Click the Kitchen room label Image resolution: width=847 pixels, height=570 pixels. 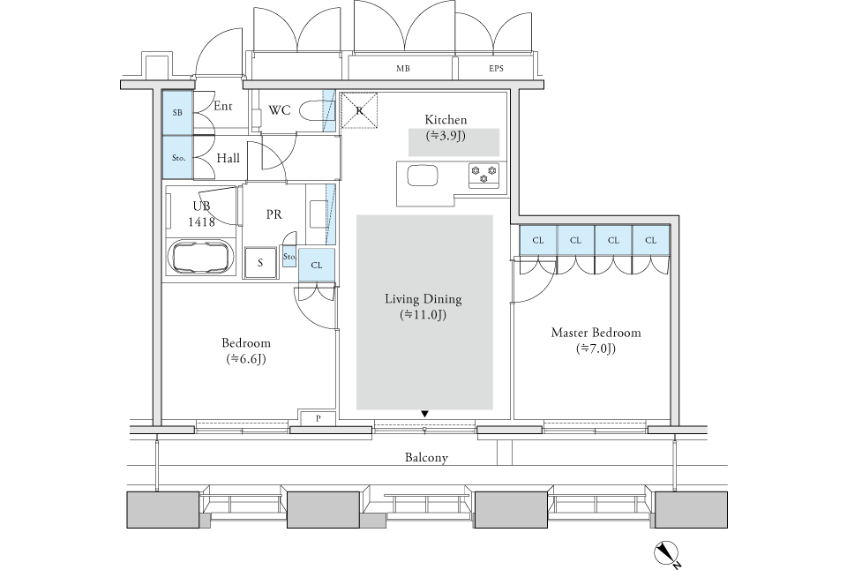(x=446, y=119)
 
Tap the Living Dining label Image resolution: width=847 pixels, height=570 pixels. (x=423, y=299)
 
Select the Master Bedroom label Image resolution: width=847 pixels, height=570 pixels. (x=596, y=333)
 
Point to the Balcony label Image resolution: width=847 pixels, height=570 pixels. (x=426, y=458)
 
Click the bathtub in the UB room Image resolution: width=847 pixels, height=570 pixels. (x=201, y=259)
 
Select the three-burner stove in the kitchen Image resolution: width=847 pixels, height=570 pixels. (x=484, y=174)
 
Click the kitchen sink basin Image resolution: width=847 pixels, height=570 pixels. (x=423, y=175)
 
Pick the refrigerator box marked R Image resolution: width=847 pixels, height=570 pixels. (x=359, y=111)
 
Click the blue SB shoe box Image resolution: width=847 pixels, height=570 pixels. (x=177, y=112)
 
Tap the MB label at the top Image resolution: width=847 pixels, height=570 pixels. (x=403, y=69)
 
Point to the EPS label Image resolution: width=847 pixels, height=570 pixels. (x=496, y=69)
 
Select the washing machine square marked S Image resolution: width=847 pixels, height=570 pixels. (x=260, y=263)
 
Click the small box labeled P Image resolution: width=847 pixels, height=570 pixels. (x=319, y=418)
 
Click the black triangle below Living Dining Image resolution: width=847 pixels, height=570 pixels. (x=425, y=414)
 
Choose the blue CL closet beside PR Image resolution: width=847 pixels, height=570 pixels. (x=317, y=265)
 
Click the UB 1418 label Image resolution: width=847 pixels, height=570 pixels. (x=201, y=214)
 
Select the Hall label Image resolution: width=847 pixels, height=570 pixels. (x=228, y=158)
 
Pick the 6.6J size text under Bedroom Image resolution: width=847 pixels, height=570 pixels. (x=246, y=359)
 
